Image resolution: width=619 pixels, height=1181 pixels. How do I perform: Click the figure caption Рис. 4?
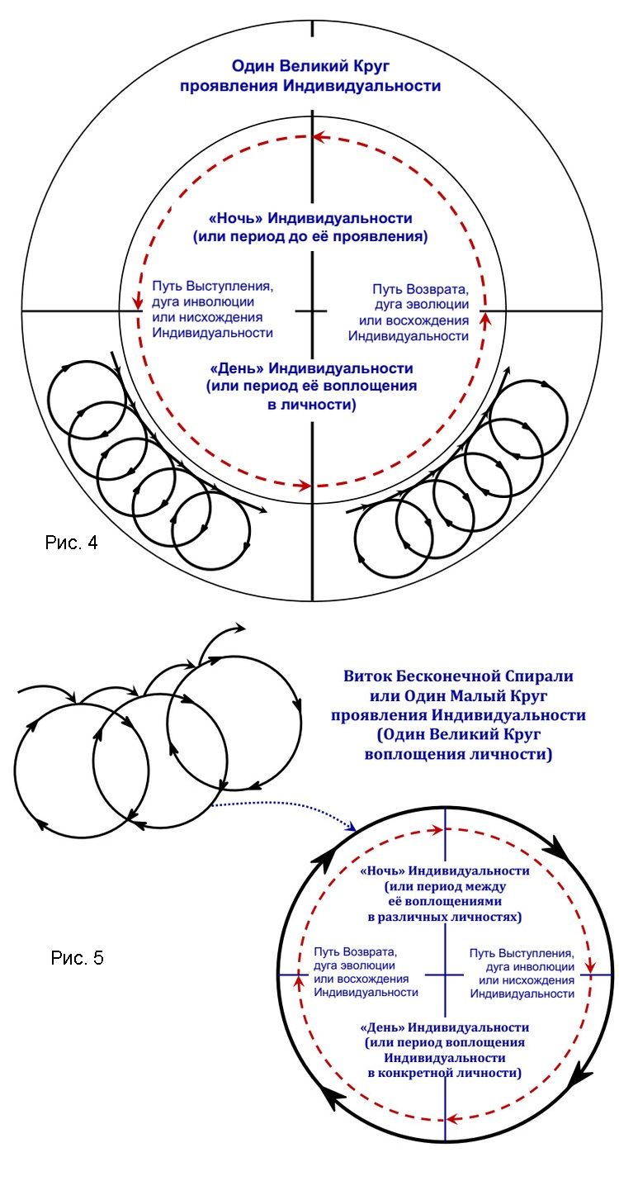click(x=71, y=543)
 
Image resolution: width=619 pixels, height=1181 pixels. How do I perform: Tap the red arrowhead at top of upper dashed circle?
click(x=319, y=137)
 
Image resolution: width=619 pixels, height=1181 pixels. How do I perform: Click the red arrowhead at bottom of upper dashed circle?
click(x=305, y=485)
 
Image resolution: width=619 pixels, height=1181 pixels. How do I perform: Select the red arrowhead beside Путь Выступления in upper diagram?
click(x=138, y=303)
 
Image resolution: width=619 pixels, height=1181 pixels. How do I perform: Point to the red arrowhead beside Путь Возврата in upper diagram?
click(x=486, y=319)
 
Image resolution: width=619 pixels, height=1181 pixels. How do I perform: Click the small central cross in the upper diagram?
click(x=312, y=311)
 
